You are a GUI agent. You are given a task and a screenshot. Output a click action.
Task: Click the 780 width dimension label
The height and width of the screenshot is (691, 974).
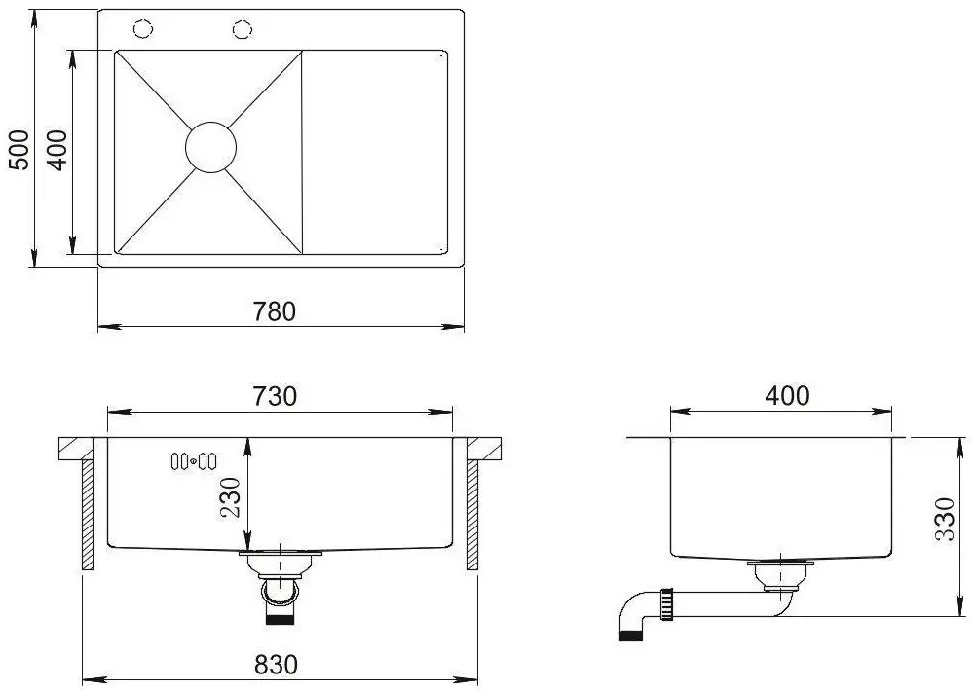pos(275,311)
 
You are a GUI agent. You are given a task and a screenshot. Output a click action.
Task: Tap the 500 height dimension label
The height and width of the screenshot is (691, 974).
pos(19,150)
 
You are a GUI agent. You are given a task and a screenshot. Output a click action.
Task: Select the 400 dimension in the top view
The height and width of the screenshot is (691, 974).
pos(56,150)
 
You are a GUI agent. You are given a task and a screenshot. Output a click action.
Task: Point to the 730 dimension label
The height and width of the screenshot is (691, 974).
pos(275,395)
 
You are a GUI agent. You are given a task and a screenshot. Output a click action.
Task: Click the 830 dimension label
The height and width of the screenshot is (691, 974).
pos(276,665)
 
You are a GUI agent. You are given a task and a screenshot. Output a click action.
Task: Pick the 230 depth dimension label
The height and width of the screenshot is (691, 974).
pos(230,498)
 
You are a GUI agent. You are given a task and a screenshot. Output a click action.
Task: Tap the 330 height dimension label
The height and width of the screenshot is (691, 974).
pos(944,519)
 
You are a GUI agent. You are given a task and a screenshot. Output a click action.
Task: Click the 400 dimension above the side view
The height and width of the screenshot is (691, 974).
pos(787,395)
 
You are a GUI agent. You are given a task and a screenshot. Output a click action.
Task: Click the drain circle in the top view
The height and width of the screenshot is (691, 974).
pos(211,147)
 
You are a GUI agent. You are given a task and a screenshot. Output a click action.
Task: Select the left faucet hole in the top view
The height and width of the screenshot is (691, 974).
pos(143,28)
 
